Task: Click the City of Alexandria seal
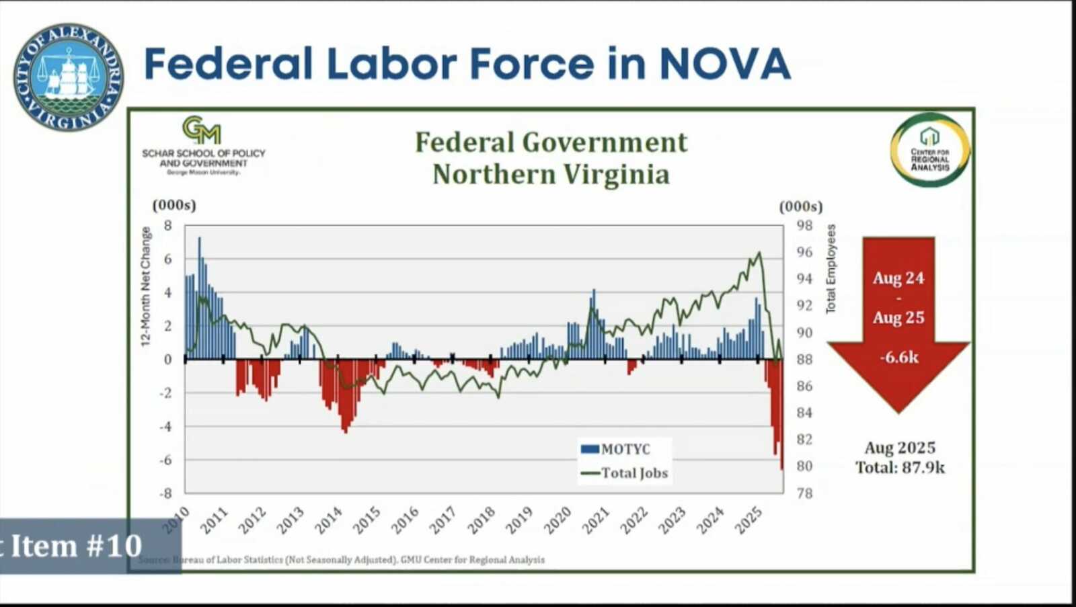coord(68,77)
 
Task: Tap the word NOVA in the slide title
coord(725,64)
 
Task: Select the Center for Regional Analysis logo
coord(930,150)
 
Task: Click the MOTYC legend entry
coord(616,449)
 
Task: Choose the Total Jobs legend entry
coord(625,473)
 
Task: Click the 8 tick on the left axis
coord(167,225)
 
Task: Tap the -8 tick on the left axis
coord(165,493)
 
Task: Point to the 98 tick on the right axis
coord(804,225)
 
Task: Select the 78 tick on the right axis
coord(804,493)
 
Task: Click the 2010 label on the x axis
coord(176,520)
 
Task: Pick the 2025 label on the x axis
coord(748,520)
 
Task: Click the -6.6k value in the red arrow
coord(899,358)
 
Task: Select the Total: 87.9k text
coord(900,468)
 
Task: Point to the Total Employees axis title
coord(831,269)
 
